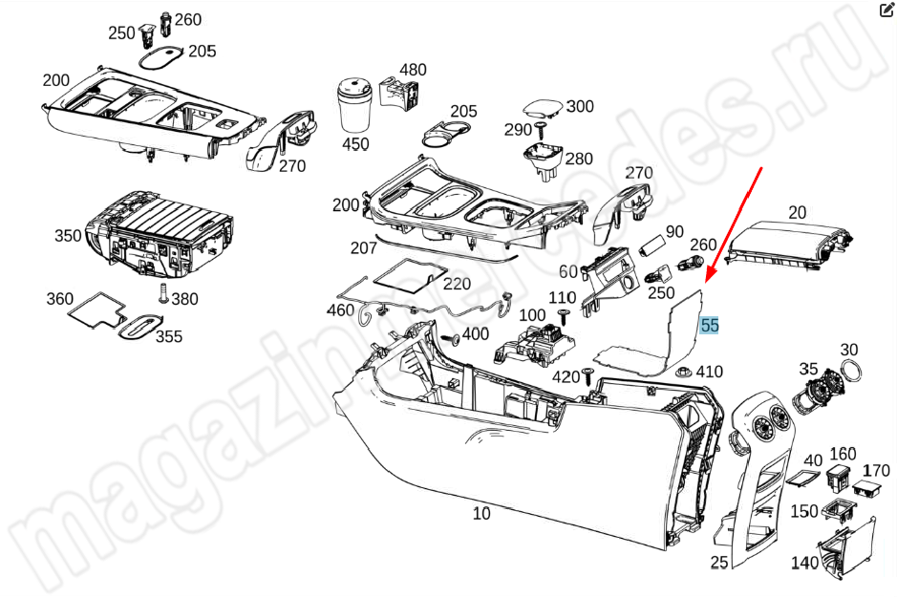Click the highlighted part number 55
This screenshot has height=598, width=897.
click(710, 325)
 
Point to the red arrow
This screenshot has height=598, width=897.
click(734, 224)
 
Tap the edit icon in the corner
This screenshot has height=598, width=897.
click(886, 11)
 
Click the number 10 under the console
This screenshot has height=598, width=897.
click(481, 513)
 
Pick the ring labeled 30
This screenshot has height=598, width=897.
click(851, 371)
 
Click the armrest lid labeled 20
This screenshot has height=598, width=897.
click(788, 244)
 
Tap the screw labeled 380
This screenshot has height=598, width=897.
click(163, 293)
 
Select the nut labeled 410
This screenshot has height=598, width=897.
click(684, 372)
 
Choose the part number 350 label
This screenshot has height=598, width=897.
click(68, 236)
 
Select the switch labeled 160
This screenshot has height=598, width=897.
click(840, 477)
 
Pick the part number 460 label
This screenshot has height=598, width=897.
click(340, 310)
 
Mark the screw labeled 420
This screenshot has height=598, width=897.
click(587, 376)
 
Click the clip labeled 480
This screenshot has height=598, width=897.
click(398, 94)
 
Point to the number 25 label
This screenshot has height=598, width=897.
click(719, 562)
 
